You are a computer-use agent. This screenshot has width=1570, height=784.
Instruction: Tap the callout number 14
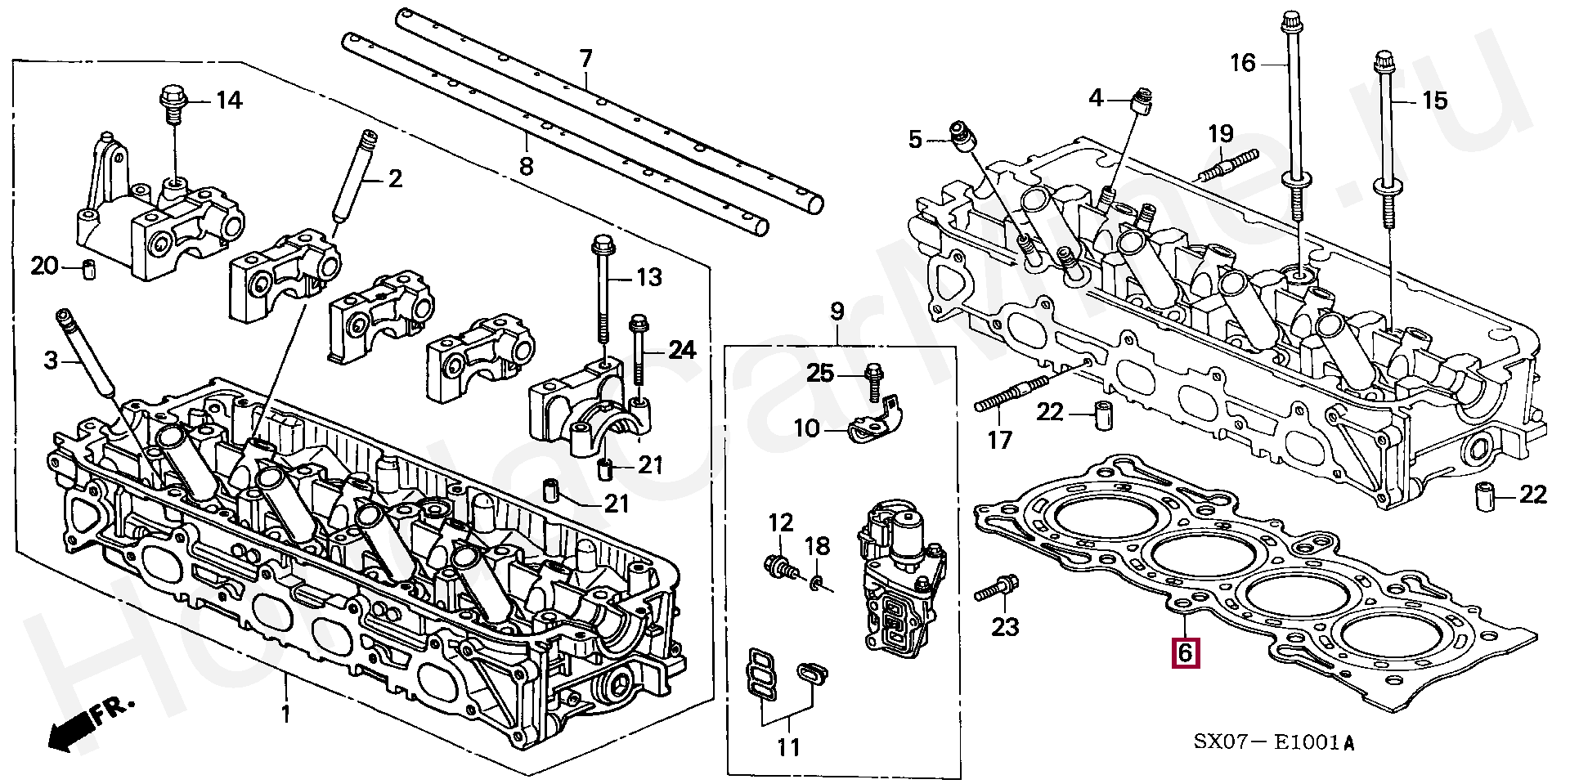click(x=229, y=101)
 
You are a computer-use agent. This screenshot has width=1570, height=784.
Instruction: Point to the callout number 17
click(x=999, y=441)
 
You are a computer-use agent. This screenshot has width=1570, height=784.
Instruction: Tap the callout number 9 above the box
click(x=837, y=311)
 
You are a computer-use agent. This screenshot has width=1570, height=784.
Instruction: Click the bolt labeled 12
click(x=778, y=565)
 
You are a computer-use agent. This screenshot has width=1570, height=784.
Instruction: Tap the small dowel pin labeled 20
click(x=87, y=267)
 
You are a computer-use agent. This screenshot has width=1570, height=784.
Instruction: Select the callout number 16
click(x=1243, y=62)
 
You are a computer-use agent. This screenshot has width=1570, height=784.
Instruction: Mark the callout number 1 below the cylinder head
click(x=285, y=714)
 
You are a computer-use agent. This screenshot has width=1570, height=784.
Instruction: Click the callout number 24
click(x=681, y=350)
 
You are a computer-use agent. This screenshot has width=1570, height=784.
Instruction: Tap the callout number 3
click(x=51, y=360)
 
